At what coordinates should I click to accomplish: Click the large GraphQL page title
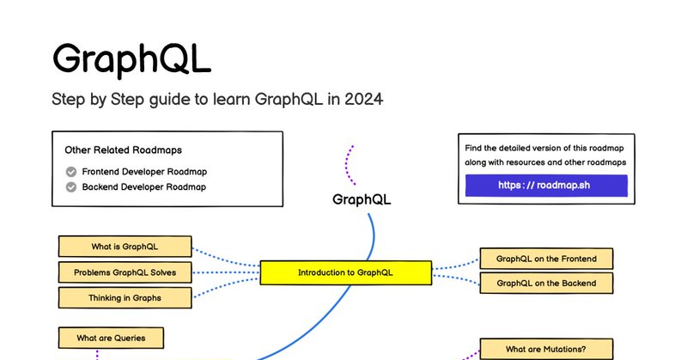(x=131, y=59)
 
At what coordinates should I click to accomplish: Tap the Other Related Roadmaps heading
(x=123, y=150)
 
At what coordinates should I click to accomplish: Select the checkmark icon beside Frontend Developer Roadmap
(x=71, y=172)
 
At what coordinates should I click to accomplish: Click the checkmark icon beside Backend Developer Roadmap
(x=71, y=187)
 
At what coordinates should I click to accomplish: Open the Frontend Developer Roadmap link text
(x=144, y=172)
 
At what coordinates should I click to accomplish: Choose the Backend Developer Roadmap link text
(x=143, y=186)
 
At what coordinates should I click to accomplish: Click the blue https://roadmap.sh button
(x=546, y=185)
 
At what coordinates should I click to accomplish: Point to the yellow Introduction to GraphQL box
(x=346, y=272)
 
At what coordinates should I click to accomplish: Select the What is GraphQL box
(x=125, y=247)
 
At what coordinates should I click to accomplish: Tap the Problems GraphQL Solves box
(x=125, y=272)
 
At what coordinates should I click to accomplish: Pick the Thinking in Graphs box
(x=125, y=298)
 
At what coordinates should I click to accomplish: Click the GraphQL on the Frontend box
(x=546, y=259)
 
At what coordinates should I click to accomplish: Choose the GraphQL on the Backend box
(x=546, y=284)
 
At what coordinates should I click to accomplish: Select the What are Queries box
(x=111, y=338)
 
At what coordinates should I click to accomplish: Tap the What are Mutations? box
(x=546, y=349)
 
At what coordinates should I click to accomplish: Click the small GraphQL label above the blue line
(x=362, y=199)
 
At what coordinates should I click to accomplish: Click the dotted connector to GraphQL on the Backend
(x=456, y=278)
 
